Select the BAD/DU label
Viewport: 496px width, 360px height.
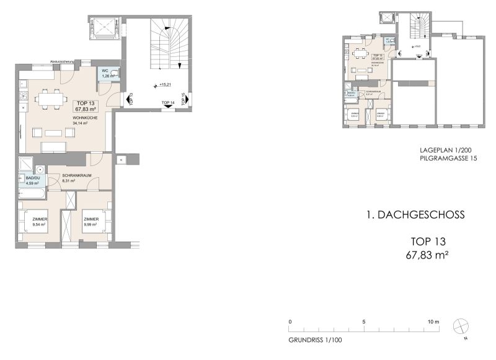pyautogui.click(x=32, y=178)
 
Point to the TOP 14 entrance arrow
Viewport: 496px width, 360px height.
pyautogui.click(x=167, y=107)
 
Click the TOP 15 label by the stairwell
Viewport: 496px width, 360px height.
pyautogui.click(x=184, y=99)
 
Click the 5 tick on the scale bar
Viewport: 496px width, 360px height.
pyautogui.click(x=365, y=322)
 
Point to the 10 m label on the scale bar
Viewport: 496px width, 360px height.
pyautogui.click(x=433, y=322)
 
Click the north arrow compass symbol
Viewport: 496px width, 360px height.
pyautogui.click(x=462, y=326)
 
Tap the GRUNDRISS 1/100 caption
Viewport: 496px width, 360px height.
pyautogui.click(x=315, y=340)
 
